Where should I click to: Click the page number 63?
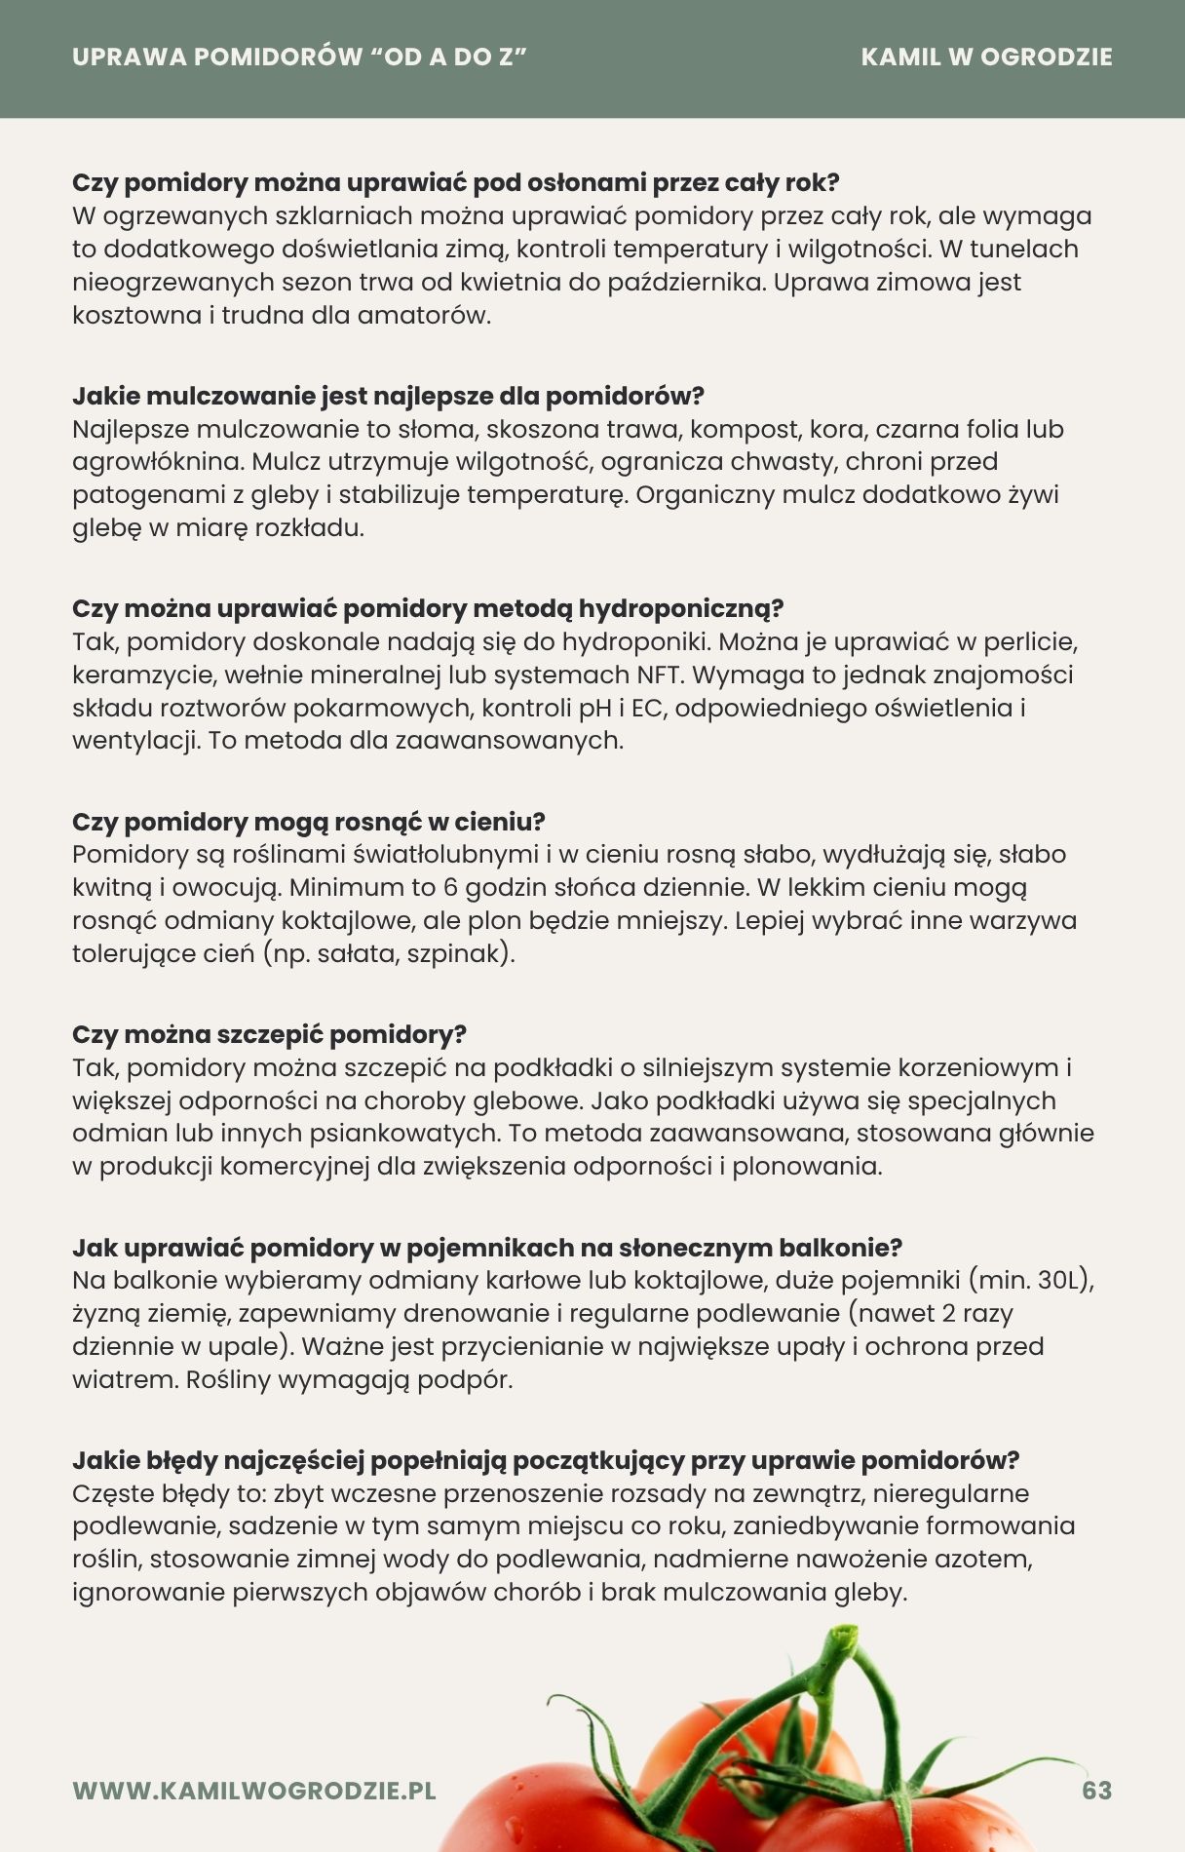1096,1791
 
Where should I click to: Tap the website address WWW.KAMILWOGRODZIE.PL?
254,1791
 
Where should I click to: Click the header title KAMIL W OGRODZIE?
986,58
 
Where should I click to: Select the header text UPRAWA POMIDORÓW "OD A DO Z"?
299,58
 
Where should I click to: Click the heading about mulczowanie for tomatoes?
388,396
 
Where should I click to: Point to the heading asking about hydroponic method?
428,608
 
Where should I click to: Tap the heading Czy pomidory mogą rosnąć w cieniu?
308,822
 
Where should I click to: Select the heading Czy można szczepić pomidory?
269,1034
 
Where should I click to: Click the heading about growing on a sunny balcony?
487,1248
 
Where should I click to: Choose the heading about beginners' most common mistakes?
546,1460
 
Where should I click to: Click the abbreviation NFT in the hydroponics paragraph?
659,675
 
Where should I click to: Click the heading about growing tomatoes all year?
456,182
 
